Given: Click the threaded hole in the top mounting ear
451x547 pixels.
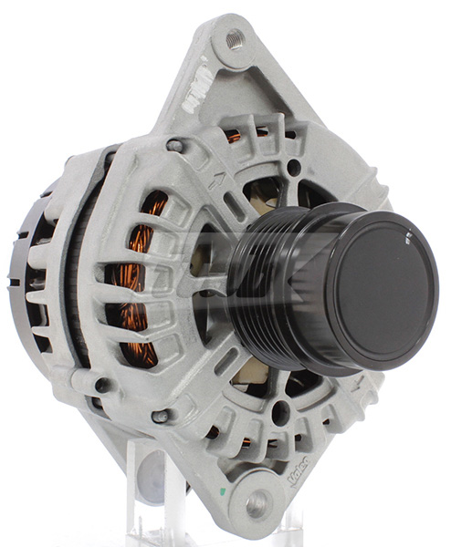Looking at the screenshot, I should click(x=235, y=38).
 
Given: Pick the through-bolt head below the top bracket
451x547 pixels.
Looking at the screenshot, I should click(x=173, y=145).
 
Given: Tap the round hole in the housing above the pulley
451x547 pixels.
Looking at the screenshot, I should click(x=291, y=168).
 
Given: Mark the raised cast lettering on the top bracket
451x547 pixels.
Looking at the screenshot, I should click(x=195, y=97).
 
